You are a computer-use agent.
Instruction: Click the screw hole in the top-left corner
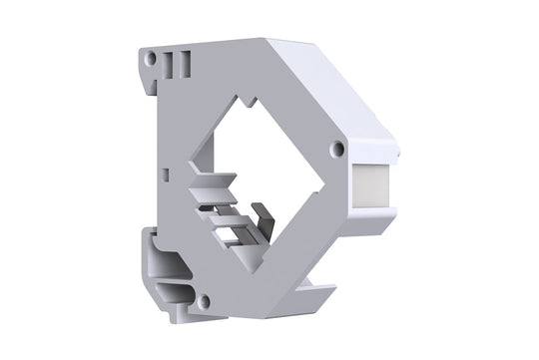coord(150,59)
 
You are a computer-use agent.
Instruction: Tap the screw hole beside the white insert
coord(338,149)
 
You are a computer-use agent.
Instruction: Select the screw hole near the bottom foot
coord(205,300)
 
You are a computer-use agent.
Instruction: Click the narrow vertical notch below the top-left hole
coord(154,86)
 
